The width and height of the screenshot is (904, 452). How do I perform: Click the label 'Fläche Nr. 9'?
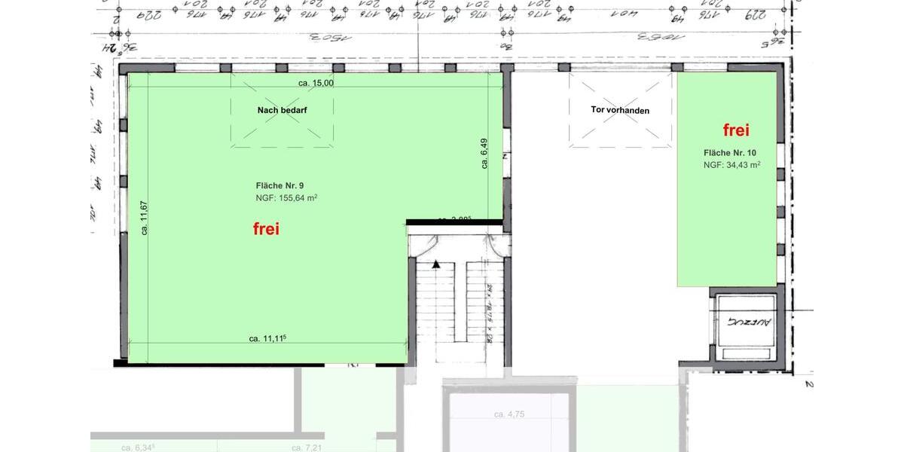(279, 185)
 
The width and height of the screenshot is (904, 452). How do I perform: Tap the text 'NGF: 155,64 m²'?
(286, 199)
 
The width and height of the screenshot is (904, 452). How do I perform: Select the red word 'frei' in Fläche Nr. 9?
(265, 229)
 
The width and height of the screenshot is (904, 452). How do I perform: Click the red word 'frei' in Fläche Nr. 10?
(736, 130)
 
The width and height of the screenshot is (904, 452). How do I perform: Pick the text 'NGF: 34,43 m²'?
(731, 165)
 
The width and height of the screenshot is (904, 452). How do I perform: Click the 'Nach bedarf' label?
(282, 110)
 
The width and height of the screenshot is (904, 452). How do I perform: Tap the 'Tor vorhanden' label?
(620, 110)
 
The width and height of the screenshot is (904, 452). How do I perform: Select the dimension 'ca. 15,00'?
(316, 83)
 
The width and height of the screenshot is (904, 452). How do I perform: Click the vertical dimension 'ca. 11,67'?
(144, 218)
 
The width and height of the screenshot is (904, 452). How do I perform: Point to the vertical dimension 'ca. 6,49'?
(485, 155)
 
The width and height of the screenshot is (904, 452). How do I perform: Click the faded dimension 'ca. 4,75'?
(509, 414)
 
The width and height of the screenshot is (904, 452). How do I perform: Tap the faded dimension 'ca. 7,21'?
(307, 447)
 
